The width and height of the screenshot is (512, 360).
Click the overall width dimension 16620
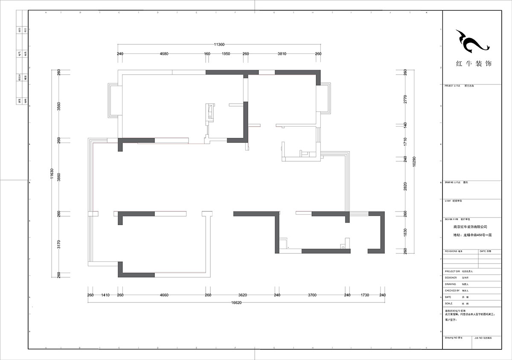[236, 303]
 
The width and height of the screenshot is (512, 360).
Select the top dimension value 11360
[219, 44]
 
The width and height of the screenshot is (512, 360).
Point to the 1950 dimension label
[226, 54]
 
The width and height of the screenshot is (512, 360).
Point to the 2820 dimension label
[405, 186]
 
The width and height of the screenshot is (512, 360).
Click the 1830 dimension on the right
[405, 232]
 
